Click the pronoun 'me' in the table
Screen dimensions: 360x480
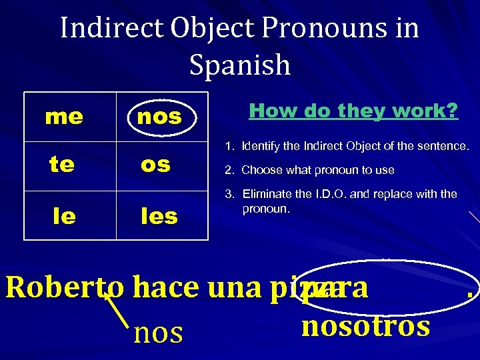[x=64, y=117]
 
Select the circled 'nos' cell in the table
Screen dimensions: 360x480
[x=159, y=117]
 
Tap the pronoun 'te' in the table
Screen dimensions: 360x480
[x=62, y=165]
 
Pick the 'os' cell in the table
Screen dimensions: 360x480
[x=155, y=165]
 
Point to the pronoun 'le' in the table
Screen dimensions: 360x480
[x=65, y=215]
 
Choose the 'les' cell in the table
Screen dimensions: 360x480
[x=158, y=215]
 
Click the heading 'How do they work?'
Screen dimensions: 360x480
[x=353, y=111]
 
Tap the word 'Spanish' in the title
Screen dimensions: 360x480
[x=240, y=65]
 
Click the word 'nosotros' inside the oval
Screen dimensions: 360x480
[x=365, y=326]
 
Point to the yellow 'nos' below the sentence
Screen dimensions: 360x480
[x=158, y=332]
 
